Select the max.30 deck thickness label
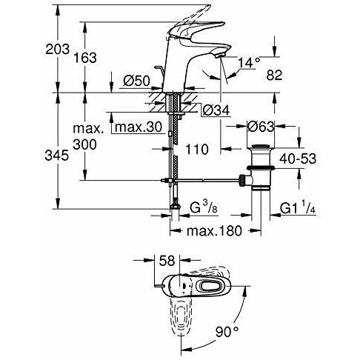(x=138, y=128)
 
